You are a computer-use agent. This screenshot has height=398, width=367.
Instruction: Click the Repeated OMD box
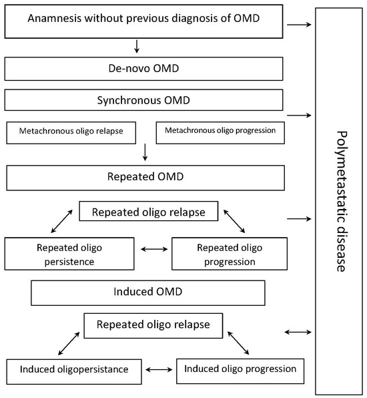[145, 178]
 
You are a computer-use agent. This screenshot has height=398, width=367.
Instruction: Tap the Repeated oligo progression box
[230, 254]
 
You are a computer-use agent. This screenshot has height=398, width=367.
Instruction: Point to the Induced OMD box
[148, 292]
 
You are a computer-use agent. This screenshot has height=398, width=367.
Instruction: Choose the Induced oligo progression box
[240, 369]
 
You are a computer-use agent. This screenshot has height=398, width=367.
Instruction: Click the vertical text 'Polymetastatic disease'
[340, 200]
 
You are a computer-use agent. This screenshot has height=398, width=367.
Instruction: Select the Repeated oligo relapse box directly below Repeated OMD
[147, 211]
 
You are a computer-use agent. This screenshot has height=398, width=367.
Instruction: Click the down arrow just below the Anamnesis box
[136, 46]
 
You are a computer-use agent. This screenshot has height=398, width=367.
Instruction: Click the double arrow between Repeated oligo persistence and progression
[154, 249]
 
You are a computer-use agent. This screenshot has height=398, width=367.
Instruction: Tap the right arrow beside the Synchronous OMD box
[298, 116]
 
